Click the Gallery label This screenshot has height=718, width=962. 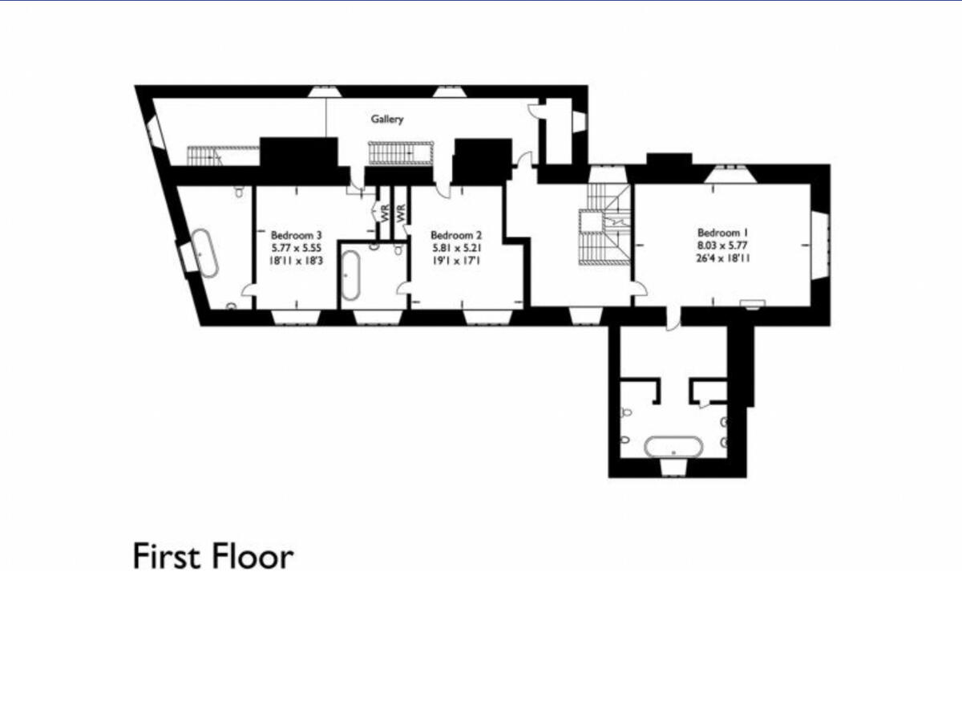coord(386,120)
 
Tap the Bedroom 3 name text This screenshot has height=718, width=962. coord(296,235)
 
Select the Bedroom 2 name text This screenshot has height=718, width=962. coord(456,235)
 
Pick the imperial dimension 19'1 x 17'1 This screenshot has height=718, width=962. coord(456,261)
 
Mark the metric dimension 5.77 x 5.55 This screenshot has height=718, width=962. coord(296,248)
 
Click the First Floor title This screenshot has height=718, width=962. coord(213,556)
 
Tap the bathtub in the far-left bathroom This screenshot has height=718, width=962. coord(206,253)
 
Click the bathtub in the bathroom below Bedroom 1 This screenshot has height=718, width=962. coord(673,447)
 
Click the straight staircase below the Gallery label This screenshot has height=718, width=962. coord(399,152)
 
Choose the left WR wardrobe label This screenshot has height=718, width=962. coord(385,215)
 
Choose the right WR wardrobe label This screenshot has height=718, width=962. coord(402,215)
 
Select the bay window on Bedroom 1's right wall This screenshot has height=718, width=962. coord(818,245)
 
